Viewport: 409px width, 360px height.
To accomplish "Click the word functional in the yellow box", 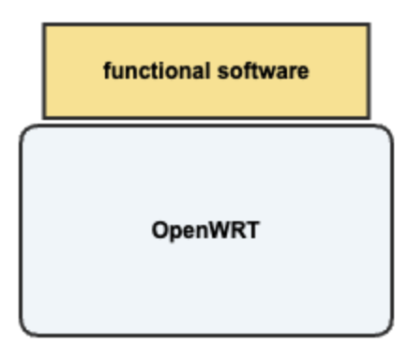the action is [157, 70].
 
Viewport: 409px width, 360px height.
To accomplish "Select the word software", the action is [264, 70].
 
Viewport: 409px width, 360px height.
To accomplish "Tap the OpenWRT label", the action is [205, 231].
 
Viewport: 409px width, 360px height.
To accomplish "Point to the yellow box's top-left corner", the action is [44, 24].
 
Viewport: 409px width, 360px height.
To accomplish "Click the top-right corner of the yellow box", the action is [369, 24].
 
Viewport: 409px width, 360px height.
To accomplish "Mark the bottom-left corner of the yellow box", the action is [44, 117].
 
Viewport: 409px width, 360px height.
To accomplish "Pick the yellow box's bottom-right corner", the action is [369, 117].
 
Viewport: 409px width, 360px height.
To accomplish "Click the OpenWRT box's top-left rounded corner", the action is [25, 130].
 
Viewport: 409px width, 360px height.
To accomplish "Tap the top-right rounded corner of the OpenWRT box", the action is [387, 130].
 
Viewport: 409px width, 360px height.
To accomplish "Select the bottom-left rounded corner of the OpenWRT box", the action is [25, 330].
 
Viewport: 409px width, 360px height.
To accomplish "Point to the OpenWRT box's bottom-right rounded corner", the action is [387, 330].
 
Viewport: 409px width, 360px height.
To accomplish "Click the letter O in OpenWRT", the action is [159, 230].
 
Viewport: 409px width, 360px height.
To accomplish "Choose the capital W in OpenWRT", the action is [220, 230].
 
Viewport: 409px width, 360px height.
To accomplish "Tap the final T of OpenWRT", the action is [252, 230].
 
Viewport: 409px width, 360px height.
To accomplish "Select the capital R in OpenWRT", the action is [238, 230].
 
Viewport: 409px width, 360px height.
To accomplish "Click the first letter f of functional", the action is [107, 70].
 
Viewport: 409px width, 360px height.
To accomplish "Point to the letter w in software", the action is [271, 72].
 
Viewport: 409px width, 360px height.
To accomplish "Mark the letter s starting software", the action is [223, 72].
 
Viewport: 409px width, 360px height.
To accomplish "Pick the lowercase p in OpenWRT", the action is [174, 233].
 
